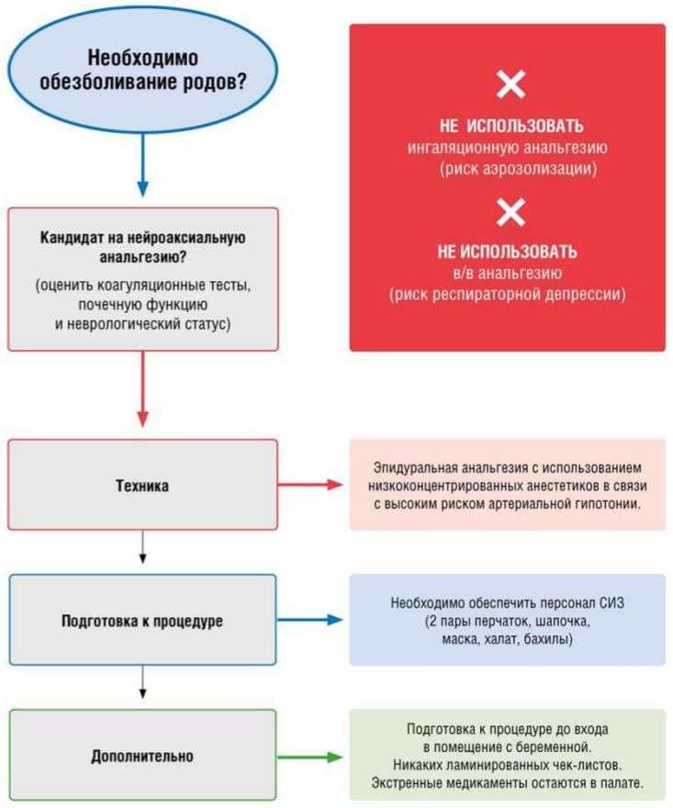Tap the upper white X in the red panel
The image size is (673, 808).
tap(510, 85)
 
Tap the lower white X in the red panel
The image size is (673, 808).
tap(510, 213)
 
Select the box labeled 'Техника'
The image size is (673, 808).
tap(142, 485)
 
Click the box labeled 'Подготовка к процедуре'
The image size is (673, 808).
tap(142, 621)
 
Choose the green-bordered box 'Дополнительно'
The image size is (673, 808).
tap(142, 756)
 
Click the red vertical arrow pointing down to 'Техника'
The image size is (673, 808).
tap(142, 389)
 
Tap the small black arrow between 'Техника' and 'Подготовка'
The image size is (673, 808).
tap(142, 551)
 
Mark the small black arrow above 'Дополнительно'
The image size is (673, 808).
tap(142, 686)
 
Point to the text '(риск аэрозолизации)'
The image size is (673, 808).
tap(507, 169)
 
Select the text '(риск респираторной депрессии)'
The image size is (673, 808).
tap(507, 295)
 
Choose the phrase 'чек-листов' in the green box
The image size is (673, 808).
tap(591, 764)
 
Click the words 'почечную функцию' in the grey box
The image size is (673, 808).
tap(142, 305)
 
